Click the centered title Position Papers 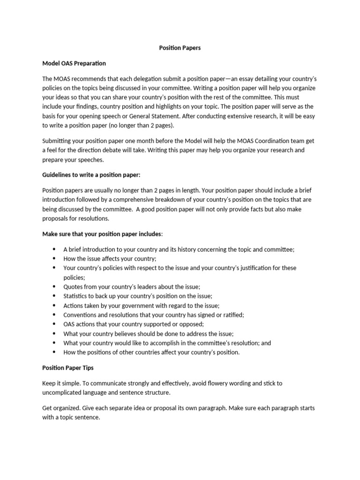pyautogui.click(x=180, y=48)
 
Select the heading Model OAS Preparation pyautogui.click(x=74, y=63)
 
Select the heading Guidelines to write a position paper pyautogui.click(x=91, y=175)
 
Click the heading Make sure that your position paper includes pyautogui.click(x=103, y=234)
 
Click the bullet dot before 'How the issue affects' pyautogui.click(x=54, y=258)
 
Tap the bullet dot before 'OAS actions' pyautogui.click(x=54, y=324)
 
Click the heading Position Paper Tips pyautogui.click(x=67, y=368)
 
